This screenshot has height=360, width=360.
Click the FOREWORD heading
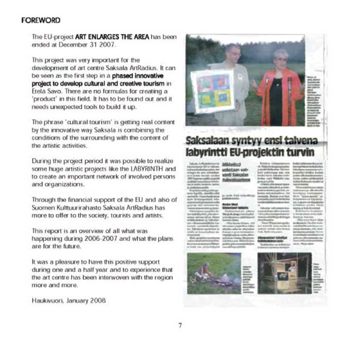point(41,21)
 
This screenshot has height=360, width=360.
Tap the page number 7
point(180,325)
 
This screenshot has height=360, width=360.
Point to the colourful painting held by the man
point(212,91)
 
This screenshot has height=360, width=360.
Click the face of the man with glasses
point(232,52)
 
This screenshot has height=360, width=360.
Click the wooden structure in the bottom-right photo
point(282,273)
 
